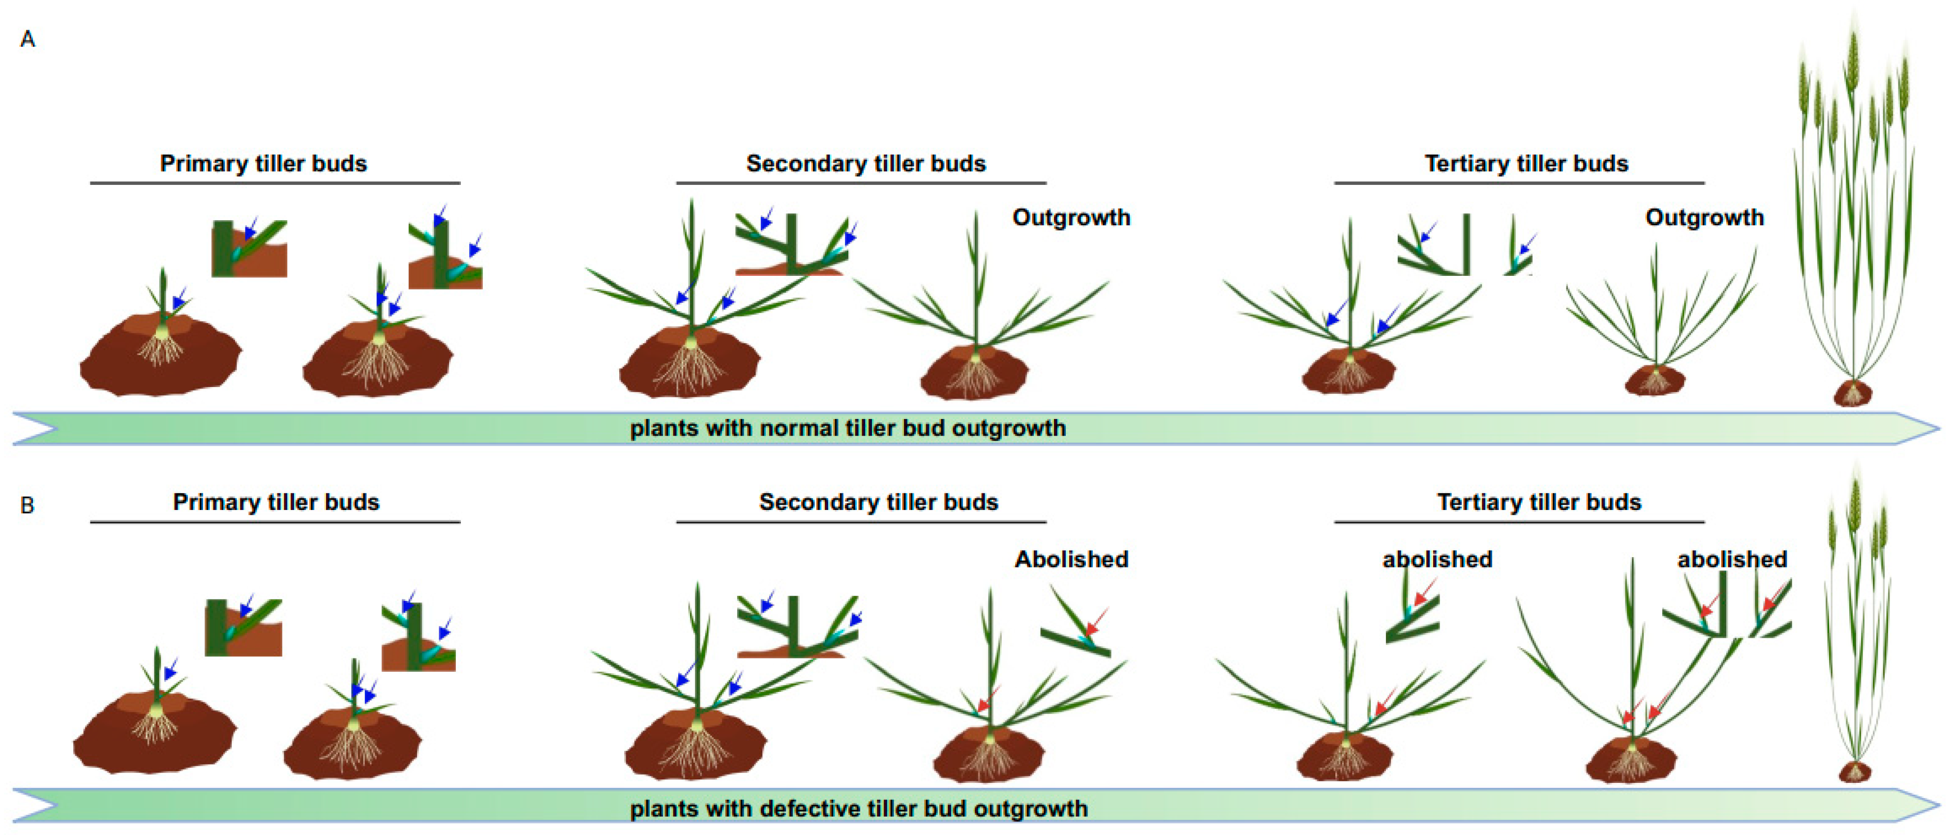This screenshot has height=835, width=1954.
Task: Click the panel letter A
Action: (28, 39)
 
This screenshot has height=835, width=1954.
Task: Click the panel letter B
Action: (28, 505)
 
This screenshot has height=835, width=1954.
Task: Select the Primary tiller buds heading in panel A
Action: (263, 164)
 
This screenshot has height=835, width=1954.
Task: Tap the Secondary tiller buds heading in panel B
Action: (878, 502)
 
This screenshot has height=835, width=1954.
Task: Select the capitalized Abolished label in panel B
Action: (1071, 560)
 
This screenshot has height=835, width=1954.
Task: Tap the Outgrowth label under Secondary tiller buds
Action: (1071, 218)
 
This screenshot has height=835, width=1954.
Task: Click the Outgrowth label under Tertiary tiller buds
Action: (1704, 218)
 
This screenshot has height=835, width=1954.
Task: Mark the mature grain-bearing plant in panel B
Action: (1855, 622)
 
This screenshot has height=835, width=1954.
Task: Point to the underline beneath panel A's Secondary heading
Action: (861, 183)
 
